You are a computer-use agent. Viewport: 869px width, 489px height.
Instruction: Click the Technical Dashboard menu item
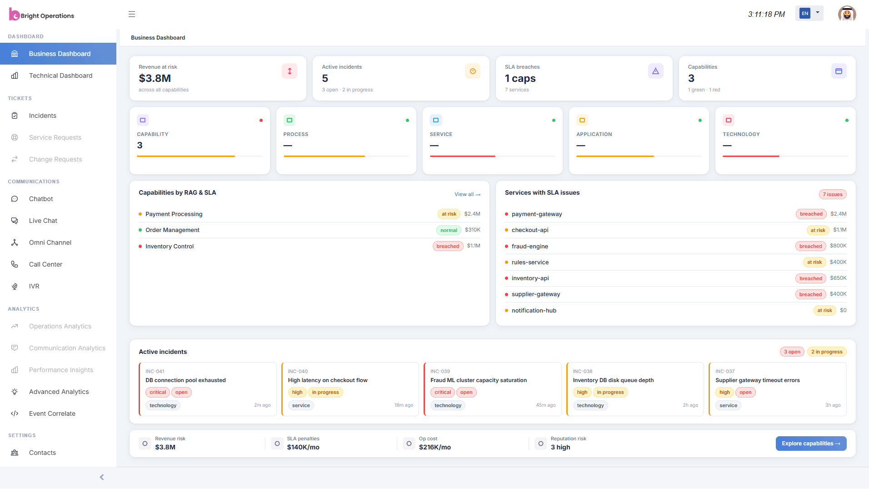coord(60,76)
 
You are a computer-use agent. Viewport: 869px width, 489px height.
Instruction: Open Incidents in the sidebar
coord(43,116)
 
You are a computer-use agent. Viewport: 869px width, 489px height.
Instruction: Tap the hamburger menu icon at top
coord(132,14)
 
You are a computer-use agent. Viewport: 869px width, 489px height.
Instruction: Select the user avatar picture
coord(847,14)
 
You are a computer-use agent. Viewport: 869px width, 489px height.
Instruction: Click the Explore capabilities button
coord(810,444)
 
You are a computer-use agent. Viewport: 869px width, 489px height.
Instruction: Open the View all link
coord(467,194)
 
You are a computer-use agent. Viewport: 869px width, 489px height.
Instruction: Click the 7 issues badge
coord(832,194)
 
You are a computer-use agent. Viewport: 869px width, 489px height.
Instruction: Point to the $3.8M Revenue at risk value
coord(155,79)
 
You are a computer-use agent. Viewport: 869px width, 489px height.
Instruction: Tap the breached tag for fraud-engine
coord(810,246)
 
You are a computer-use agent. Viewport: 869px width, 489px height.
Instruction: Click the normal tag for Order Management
coord(449,230)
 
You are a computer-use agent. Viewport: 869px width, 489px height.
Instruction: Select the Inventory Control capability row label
coord(170,246)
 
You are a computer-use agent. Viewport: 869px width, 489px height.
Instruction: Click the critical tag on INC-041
coord(158,392)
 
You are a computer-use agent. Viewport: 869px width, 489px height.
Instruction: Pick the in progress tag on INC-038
coord(610,392)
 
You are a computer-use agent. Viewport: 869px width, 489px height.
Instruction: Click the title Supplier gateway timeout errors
coord(757,380)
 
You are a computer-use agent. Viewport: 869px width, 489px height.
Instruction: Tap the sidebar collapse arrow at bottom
coord(102,477)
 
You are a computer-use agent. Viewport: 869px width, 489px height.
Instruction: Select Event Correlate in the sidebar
coord(52,413)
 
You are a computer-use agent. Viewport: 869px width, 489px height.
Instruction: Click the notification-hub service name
coord(534,311)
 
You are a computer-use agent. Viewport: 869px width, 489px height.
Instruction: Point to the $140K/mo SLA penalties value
coord(303,447)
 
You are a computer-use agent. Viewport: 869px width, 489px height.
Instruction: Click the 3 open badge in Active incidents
coord(792,352)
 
